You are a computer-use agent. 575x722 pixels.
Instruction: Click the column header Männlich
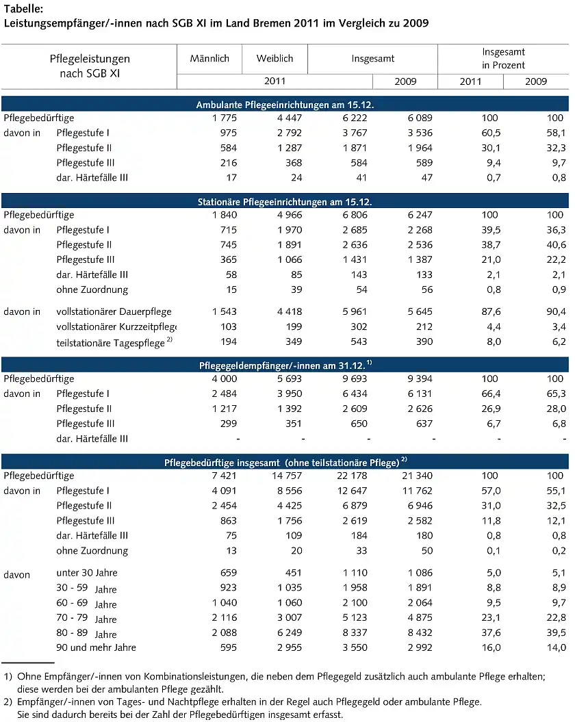[209, 59]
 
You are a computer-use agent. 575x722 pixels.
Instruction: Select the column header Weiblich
[274, 59]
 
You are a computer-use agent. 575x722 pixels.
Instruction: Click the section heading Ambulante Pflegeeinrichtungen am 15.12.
[284, 105]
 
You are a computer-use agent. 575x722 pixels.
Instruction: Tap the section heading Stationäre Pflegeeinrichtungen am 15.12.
[284, 202]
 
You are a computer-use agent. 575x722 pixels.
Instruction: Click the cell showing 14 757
[285, 476]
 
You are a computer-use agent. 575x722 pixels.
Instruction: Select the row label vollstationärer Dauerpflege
[114, 311]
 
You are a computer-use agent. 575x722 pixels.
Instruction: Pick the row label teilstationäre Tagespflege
[111, 341]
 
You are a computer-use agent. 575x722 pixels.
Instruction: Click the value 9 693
[353, 378]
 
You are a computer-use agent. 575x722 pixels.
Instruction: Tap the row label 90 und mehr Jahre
[96, 647]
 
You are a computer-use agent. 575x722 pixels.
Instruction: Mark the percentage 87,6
[490, 311]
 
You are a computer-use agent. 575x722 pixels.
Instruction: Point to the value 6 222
[353, 118]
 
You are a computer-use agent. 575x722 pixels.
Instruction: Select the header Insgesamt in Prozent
[503, 58]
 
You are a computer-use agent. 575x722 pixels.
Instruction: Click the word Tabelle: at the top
[23, 9]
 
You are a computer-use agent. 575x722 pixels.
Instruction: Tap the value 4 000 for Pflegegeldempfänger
[223, 378]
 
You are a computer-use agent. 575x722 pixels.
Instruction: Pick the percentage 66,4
[490, 394]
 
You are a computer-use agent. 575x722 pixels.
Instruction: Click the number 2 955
[287, 647]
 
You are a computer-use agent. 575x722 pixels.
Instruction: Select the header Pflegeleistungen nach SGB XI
[90, 66]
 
